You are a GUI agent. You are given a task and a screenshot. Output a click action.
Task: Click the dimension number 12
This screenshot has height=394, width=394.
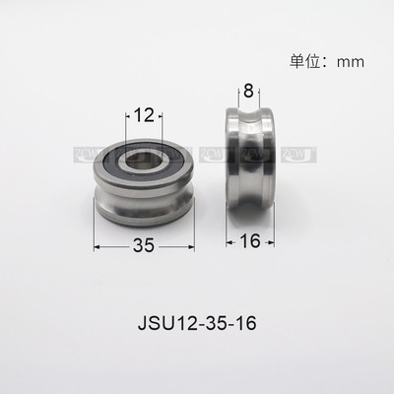click(144, 115)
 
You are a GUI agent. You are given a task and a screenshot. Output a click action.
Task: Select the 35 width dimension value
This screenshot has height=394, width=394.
click(144, 248)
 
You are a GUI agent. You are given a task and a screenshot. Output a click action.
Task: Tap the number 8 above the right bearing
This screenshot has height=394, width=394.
click(250, 91)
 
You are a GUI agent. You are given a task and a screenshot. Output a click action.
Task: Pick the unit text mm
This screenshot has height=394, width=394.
click(351, 61)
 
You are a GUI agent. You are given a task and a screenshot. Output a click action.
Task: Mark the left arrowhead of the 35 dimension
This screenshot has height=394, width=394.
click(98, 248)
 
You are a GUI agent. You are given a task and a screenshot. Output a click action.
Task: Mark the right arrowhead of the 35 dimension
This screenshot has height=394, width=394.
click(192, 248)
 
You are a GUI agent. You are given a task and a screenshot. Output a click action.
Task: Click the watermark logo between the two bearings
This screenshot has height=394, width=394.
click(212, 155)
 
